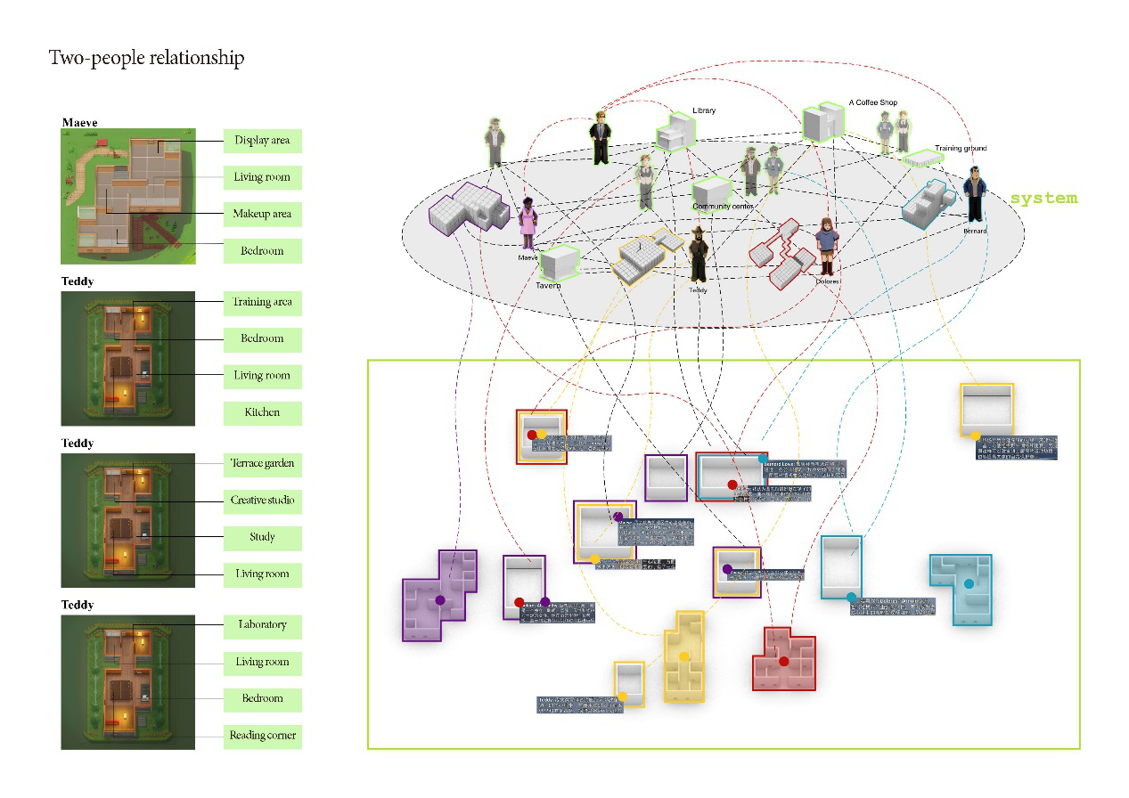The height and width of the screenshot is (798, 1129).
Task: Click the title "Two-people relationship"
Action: (x=146, y=59)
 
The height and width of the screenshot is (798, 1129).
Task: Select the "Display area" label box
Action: (x=262, y=141)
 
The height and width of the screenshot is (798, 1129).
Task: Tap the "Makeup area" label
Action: (x=262, y=215)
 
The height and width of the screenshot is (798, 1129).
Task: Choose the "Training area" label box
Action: (x=262, y=302)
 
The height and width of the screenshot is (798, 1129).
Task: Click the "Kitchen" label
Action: (x=262, y=412)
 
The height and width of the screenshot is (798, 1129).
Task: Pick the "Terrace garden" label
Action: (x=262, y=464)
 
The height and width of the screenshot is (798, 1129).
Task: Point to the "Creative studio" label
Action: (x=262, y=501)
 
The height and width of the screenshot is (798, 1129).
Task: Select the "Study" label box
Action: (x=262, y=538)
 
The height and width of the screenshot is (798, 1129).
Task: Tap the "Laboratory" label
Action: (x=262, y=625)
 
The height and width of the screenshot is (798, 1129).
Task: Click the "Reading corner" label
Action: (x=262, y=736)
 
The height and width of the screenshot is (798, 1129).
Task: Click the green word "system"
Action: (x=1043, y=198)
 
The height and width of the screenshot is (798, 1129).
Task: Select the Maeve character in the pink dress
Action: (x=528, y=224)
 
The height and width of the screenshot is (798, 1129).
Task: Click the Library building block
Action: (x=675, y=134)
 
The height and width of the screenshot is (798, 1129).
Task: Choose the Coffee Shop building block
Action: (x=822, y=122)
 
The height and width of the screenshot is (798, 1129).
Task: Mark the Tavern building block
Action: (x=560, y=262)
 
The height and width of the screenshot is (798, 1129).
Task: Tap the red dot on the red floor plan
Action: (x=784, y=661)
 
